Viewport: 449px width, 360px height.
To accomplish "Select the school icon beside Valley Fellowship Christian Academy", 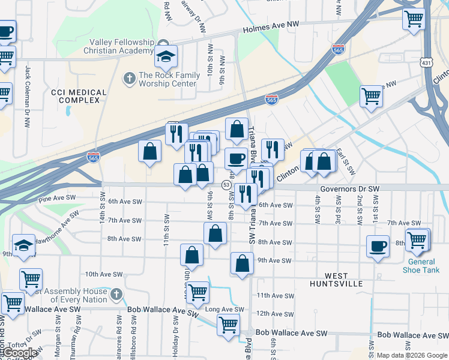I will [165, 57].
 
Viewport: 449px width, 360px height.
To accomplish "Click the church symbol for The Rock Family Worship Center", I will [129, 78].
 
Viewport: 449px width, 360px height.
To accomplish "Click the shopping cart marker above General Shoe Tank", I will [417, 240].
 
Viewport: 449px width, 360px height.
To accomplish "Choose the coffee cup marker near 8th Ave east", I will [378, 246].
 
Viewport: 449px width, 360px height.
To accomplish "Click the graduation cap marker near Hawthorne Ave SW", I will [23, 245].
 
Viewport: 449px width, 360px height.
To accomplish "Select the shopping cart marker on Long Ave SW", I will [228, 325].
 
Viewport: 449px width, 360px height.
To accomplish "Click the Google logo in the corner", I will [19, 353].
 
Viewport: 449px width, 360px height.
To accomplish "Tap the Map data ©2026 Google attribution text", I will [412, 355].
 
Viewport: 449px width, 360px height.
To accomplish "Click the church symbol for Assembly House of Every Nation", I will [116, 294].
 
